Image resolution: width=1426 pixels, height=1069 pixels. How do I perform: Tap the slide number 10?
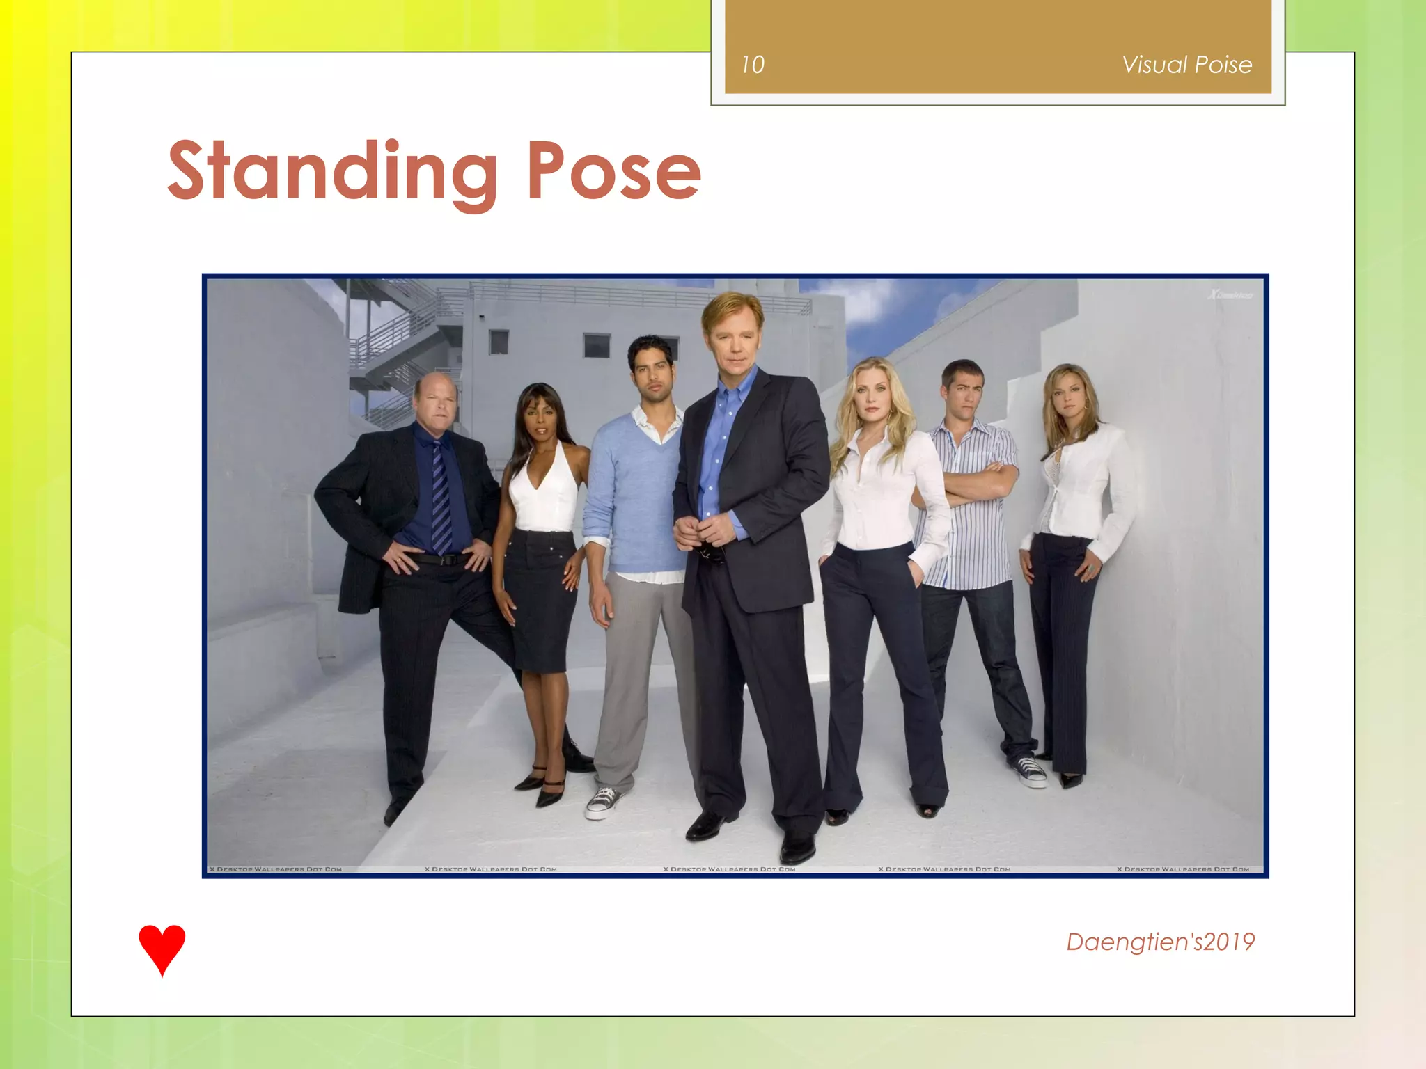pos(752,65)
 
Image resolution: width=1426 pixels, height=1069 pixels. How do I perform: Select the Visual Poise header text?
pos(1186,65)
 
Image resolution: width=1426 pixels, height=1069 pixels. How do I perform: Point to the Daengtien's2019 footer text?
pos(1160,942)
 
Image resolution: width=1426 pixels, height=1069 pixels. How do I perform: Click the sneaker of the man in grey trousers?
pos(602,801)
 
